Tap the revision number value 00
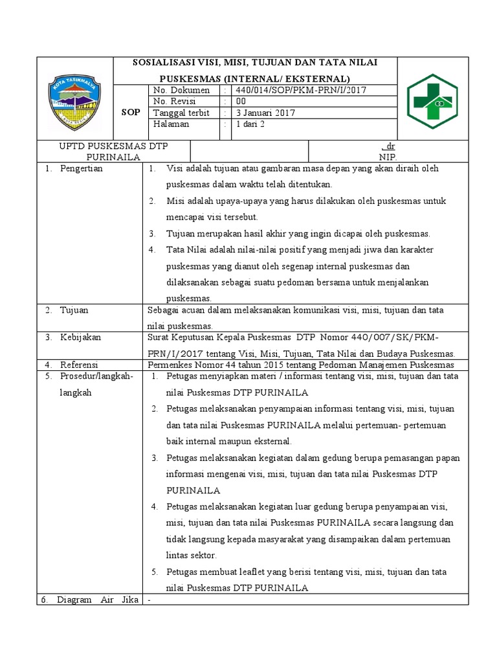[241, 101]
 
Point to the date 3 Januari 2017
[265, 113]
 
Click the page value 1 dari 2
[249, 124]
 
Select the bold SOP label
[131, 113]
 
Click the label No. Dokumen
[181, 90]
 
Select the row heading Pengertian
[81, 168]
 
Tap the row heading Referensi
[80, 365]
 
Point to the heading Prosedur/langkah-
[96, 376]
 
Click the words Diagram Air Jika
[97, 600]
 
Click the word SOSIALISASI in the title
[167, 62]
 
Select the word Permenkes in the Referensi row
[169, 365]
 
